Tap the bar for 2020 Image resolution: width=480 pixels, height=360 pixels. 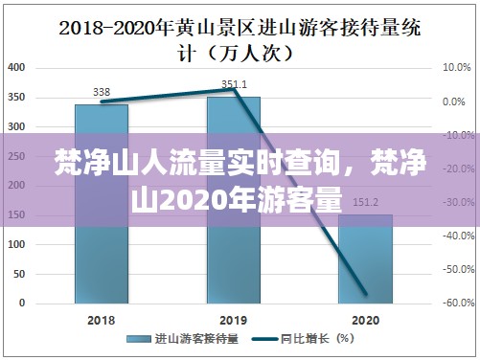click(x=365, y=259)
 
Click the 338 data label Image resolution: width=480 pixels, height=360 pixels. click(x=101, y=92)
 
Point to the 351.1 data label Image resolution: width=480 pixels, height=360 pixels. click(x=234, y=84)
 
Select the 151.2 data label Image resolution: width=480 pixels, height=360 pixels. click(x=365, y=202)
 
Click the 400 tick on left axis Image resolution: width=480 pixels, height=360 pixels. click(x=17, y=68)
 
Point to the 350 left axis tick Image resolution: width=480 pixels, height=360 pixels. click(x=17, y=98)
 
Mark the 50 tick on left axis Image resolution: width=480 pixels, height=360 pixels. click(x=20, y=273)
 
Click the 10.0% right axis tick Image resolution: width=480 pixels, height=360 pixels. click(x=456, y=68)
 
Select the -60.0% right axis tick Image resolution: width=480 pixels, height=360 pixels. click(x=454, y=303)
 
